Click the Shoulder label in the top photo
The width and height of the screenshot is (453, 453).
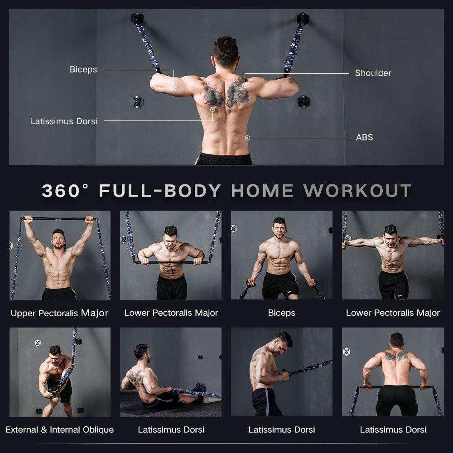373,73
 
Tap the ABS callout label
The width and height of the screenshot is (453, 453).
364,137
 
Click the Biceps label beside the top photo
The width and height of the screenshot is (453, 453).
83,69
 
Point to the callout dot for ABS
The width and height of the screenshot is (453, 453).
247,138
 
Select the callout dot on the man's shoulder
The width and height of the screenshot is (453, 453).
245,85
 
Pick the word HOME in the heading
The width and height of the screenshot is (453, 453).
262,191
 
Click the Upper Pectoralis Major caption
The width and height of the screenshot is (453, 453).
59,313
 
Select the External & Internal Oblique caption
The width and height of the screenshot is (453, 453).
59,429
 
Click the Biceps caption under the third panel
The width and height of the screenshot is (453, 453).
281,313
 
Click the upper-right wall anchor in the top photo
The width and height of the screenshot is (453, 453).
302,19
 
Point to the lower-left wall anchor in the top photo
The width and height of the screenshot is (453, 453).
136,102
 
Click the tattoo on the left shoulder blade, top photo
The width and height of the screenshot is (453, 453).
213,92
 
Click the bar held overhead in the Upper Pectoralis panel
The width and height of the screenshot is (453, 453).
59,219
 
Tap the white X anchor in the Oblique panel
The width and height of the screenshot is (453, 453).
38,343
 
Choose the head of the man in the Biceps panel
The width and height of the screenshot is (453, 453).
280,226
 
